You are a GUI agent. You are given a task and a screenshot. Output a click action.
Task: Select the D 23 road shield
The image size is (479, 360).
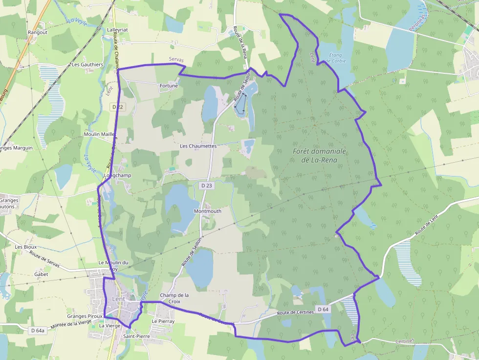point(207,185)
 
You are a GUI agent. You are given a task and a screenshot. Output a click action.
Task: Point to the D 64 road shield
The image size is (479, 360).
point(323,309)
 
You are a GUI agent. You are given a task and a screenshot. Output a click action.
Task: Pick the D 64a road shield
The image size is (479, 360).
point(36,331)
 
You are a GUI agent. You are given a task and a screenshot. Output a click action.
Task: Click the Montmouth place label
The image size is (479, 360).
point(207,211)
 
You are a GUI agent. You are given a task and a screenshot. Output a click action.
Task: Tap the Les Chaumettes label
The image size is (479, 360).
point(198,146)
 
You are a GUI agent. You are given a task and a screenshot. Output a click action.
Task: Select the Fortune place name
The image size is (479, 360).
point(169,85)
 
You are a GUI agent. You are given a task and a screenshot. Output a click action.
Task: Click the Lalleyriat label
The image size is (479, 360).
point(117,29)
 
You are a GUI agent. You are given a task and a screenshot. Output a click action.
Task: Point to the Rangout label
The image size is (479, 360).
point(38,33)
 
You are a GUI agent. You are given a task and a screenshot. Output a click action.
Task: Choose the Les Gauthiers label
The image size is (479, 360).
point(87,64)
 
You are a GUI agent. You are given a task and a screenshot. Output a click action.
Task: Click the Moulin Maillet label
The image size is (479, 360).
point(100,134)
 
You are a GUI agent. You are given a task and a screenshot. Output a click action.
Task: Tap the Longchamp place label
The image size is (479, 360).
point(118,175)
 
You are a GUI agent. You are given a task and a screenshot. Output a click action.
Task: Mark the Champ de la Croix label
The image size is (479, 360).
point(174,298)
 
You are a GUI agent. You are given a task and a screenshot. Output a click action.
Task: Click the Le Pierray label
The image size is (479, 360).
point(163,321)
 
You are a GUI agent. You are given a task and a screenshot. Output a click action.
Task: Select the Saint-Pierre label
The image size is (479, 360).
point(136,337)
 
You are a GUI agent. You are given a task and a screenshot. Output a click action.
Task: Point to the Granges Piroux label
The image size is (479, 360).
point(85,316)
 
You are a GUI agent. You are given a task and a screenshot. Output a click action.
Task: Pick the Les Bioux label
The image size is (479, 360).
point(25,247)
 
